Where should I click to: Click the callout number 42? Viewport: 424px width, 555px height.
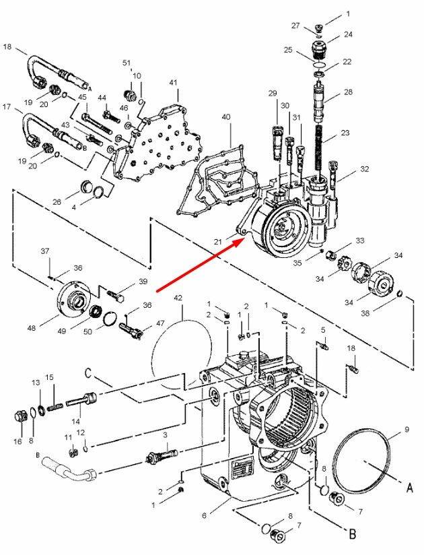tap(178, 297)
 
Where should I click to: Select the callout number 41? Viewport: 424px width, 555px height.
tap(174, 82)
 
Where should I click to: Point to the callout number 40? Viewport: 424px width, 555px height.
tap(226, 117)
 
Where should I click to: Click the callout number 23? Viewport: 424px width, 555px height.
tap(345, 133)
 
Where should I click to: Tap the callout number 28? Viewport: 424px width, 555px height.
tap(348, 92)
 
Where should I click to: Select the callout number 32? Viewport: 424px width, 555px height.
tap(364, 169)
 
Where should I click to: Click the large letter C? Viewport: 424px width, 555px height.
tap(89, 372)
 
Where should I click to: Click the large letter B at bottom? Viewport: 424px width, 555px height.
tap(352, 536)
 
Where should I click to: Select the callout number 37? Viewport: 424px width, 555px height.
tap(45, 251)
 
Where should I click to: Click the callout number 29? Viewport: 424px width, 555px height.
tap(273, 92)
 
